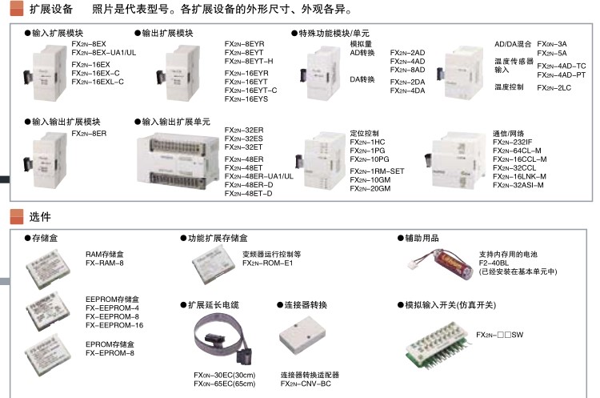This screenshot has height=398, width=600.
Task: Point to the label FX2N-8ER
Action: [x=88, y=134]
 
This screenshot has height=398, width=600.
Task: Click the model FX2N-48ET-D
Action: [x=248, y=193]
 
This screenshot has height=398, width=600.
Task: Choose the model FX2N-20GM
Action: [x=370, y=188]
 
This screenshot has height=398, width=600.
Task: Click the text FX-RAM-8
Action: [x=105, y=263]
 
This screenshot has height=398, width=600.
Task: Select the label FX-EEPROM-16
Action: [x=114, y=325]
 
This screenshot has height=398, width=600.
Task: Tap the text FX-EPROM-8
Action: [x=110, y=352]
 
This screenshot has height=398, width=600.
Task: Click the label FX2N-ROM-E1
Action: [x=268, y=263]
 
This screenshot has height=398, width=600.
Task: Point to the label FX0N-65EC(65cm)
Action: [x=225, y=384]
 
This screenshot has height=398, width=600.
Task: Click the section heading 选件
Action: [x=39, y=216]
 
